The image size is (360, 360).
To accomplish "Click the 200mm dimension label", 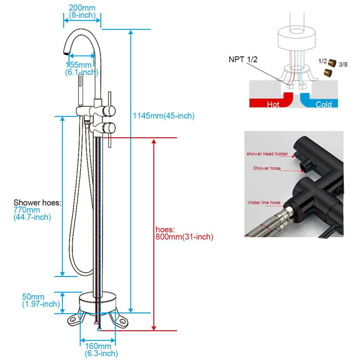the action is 82,8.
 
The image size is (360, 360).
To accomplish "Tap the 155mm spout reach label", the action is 79,65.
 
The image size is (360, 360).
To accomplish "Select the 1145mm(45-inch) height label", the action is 164,116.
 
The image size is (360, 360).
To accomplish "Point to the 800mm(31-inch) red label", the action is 184,237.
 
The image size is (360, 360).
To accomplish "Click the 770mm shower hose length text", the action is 27,210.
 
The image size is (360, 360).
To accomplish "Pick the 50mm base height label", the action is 33,297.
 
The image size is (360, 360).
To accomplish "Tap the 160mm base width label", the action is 98,346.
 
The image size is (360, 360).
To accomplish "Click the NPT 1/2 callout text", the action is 243,59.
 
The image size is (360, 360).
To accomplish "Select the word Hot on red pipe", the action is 273,104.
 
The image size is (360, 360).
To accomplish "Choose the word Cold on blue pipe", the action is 324,104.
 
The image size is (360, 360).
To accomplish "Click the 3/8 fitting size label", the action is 343,64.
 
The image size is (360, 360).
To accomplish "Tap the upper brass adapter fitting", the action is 332,63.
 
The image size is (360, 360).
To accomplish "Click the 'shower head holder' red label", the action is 267,154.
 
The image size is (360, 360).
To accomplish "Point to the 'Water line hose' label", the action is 264,202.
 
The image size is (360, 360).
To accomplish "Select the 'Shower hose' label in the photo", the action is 267,168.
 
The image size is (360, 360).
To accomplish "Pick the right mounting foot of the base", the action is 119,319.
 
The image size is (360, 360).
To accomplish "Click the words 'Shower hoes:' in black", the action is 37,202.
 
